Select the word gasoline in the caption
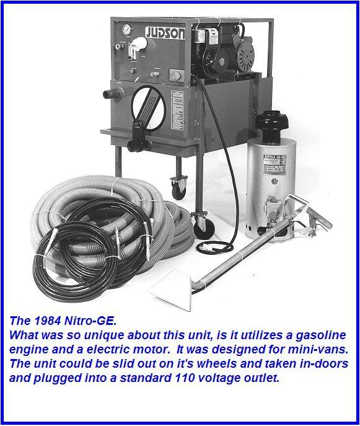click(x=301, y=335)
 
